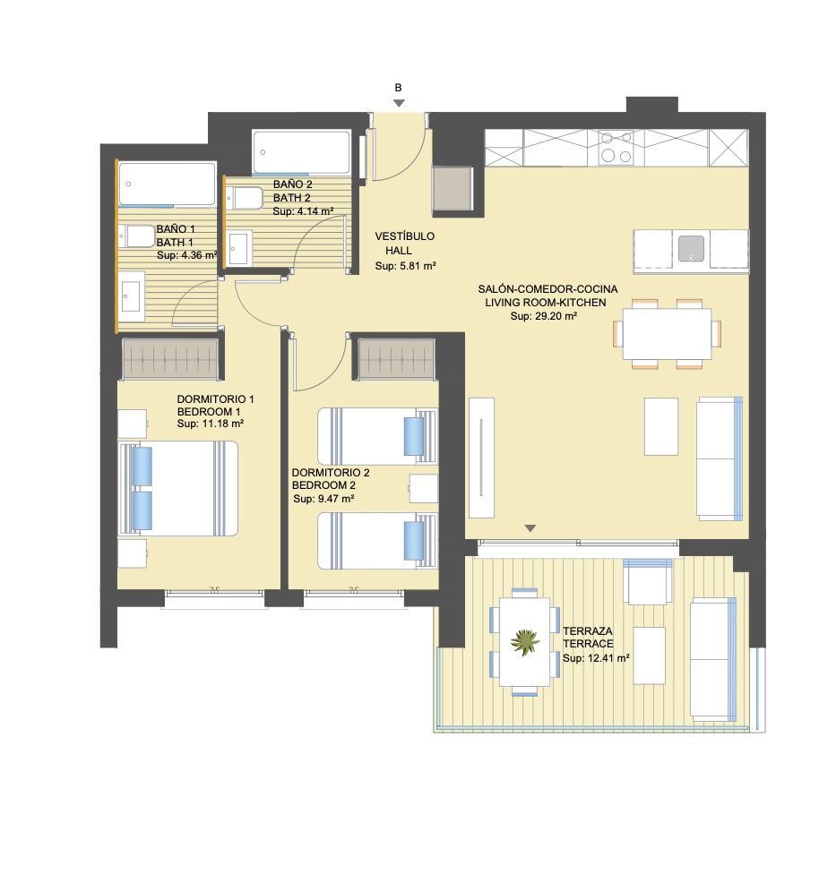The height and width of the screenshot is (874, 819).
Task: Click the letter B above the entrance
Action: (399, 88)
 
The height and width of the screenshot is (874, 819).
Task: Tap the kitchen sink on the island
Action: (691, 249)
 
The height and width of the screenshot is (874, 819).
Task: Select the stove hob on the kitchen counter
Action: (616, 148)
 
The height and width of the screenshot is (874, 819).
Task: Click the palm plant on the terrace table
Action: (525, 642)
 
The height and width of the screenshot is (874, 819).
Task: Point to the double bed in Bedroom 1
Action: (178, 489)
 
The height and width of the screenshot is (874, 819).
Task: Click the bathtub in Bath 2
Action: (302, 152)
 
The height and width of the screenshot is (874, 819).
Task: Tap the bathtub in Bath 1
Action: (167, 184)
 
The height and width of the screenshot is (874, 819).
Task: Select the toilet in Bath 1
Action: (137, 237)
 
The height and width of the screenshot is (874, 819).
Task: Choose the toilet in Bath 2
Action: (244, 199)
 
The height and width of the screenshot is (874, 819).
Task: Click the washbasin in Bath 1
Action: (132, 296)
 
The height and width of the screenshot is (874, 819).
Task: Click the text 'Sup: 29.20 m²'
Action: (543, 316)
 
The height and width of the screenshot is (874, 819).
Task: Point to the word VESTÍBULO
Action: (404, 236)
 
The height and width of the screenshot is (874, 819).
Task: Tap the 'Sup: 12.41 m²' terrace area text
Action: (596, 658)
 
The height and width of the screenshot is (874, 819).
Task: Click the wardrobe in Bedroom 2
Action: (396, 357)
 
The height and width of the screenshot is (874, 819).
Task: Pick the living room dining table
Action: (668, 334)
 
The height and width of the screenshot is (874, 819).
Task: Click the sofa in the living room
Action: (720, 458)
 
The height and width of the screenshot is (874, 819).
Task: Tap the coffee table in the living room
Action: (661, 426)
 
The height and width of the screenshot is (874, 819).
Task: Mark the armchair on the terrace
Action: (648, 582)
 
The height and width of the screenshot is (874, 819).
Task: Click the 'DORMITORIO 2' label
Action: (331, 473)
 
